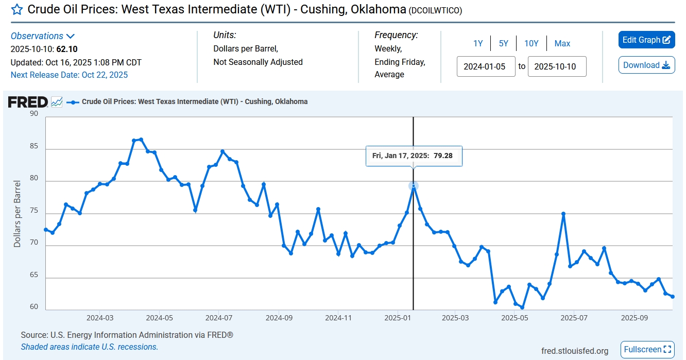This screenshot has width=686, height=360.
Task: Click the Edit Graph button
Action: [646, 40]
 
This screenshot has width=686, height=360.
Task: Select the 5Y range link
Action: [503, 44]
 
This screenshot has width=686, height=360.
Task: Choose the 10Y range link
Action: [531, 44]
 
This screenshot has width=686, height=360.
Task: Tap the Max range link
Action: [562, 44]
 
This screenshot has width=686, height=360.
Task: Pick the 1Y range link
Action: [478, 44]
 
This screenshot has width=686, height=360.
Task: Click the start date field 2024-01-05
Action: [486, 66]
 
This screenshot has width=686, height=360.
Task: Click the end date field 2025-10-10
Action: [557, 66]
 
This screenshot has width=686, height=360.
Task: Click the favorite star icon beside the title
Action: [17, 10]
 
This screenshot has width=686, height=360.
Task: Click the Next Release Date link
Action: [69, 75]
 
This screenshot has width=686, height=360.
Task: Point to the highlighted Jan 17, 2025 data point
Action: [413, 186]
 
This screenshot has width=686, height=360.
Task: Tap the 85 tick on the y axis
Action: [34, 146]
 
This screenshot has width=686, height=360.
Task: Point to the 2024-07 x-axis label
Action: [219, 318]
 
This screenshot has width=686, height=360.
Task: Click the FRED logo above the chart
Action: [28, 102]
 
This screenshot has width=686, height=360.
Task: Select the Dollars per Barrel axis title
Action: [18, 214]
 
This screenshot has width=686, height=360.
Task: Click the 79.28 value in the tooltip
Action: [443, 155]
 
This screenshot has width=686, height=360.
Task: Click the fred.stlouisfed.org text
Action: [574, 351]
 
